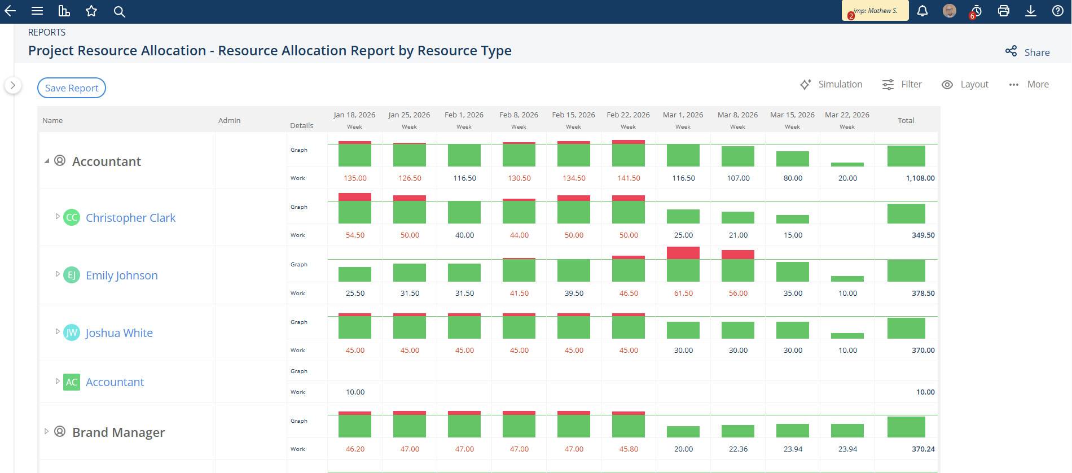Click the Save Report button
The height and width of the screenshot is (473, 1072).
point(72,87)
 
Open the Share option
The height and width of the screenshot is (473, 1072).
point(1027,52)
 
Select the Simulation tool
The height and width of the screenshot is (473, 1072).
point(831,84)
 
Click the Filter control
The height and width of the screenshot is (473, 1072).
point(902,84)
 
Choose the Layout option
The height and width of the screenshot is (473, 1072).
point(965,84)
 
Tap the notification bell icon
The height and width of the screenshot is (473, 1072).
point(922,11)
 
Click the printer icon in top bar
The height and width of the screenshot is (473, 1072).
point(1004,11)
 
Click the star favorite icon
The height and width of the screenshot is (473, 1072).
point(91,11)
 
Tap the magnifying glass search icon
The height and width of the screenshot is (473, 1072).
point(119,11)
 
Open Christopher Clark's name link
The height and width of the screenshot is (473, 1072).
point(130,218)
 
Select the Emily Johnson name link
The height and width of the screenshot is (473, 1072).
point(122,275)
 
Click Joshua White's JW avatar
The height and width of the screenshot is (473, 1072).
point(72,332)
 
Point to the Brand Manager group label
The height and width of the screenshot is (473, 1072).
point(118,432)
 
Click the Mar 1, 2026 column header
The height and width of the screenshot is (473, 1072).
point(683,115)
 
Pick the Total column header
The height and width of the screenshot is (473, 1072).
point(906,120)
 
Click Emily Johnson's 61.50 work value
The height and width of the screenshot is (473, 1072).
point(683,294)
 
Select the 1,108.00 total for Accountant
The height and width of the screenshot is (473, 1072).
point(920,178)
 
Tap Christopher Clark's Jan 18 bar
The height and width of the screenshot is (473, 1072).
point(355,208)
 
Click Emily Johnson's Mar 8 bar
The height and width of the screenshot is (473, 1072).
point(738,266)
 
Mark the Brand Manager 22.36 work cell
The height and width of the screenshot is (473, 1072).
point(738,449)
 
